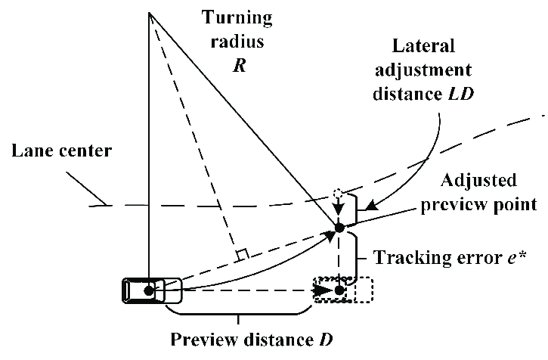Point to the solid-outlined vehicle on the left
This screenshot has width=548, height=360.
[x=152, y=290]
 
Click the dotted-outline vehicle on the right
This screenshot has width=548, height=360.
[x=344, y=290]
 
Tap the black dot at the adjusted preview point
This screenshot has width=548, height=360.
[x=339, y=227]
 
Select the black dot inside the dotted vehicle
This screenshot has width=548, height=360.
[x=339, y=290]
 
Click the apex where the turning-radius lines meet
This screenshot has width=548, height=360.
[x=150, y=13]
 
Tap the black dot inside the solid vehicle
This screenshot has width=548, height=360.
[x=150, y=290]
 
